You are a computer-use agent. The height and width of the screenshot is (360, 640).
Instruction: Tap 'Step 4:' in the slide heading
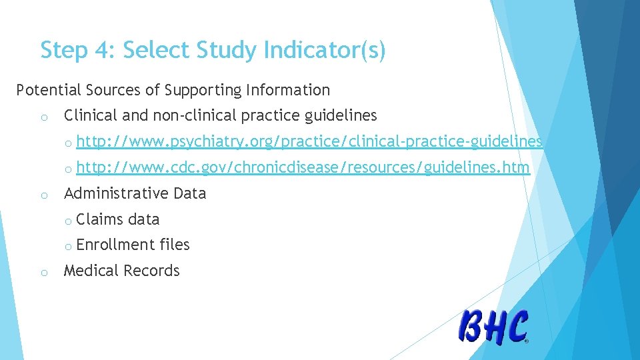pos(78,50)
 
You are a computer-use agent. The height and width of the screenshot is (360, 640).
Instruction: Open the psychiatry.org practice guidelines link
pos(309,142)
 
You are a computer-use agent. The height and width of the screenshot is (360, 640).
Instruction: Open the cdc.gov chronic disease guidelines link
pos(303,167)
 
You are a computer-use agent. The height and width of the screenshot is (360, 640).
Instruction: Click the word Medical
pos(91,271)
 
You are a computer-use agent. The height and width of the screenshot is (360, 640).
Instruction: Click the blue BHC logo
pos(494,327)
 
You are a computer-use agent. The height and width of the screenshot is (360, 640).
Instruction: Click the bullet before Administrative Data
pos(43,195)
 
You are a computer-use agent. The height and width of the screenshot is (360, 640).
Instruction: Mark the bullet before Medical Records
pos(43,272)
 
